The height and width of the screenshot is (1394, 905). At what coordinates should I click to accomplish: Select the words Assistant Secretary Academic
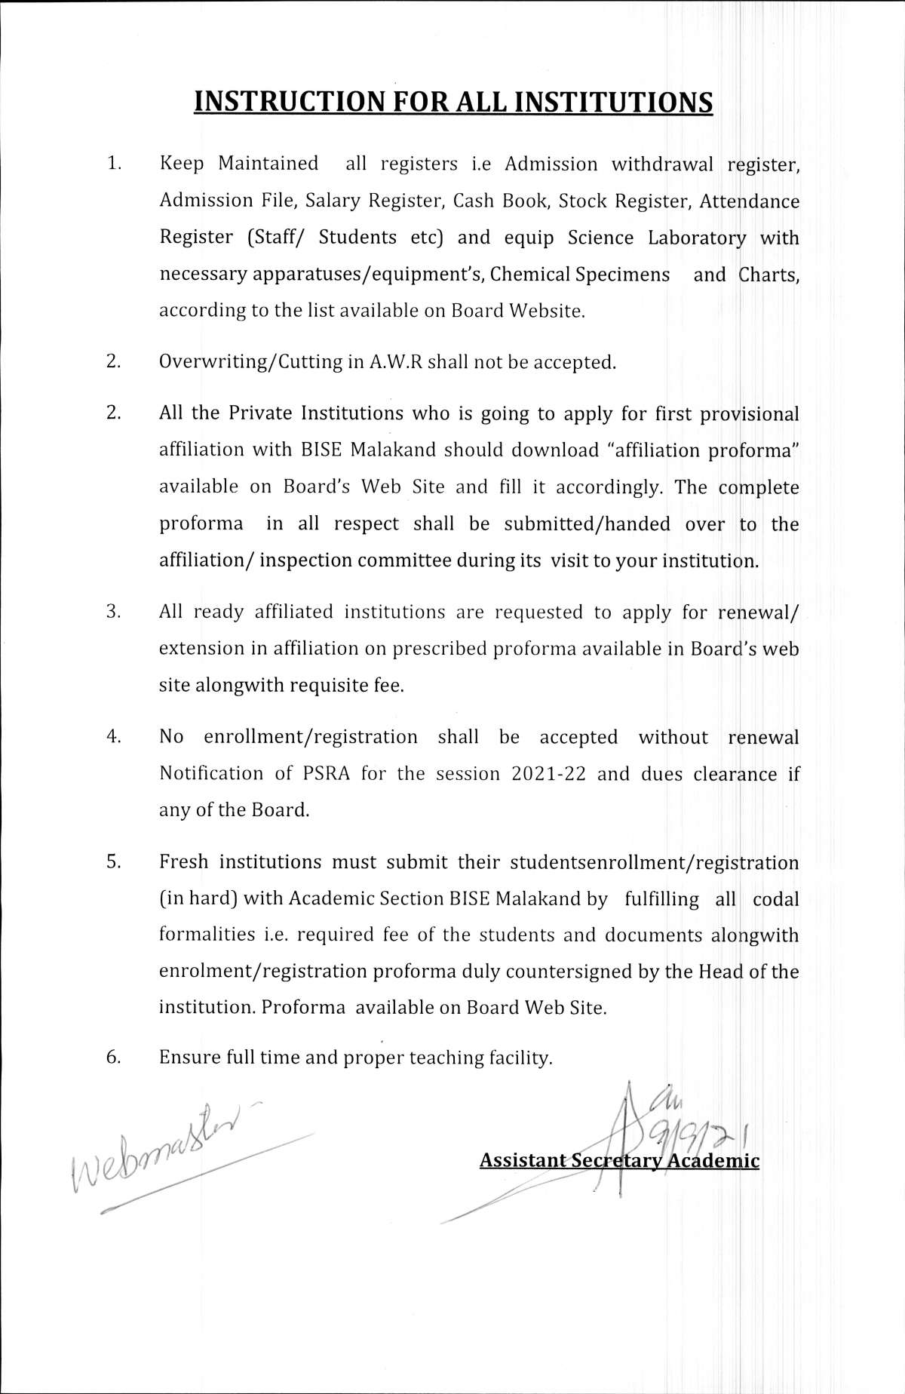click(619, 1161)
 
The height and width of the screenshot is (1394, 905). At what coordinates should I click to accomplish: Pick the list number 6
click(113, 1057)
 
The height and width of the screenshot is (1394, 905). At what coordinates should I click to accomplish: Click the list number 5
click(113, 861)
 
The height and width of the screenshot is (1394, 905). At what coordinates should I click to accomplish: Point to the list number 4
click(113, 737)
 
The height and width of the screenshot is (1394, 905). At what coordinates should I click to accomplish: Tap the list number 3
click(113, 612)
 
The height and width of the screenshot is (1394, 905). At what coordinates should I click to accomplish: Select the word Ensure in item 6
click(189, 1058)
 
